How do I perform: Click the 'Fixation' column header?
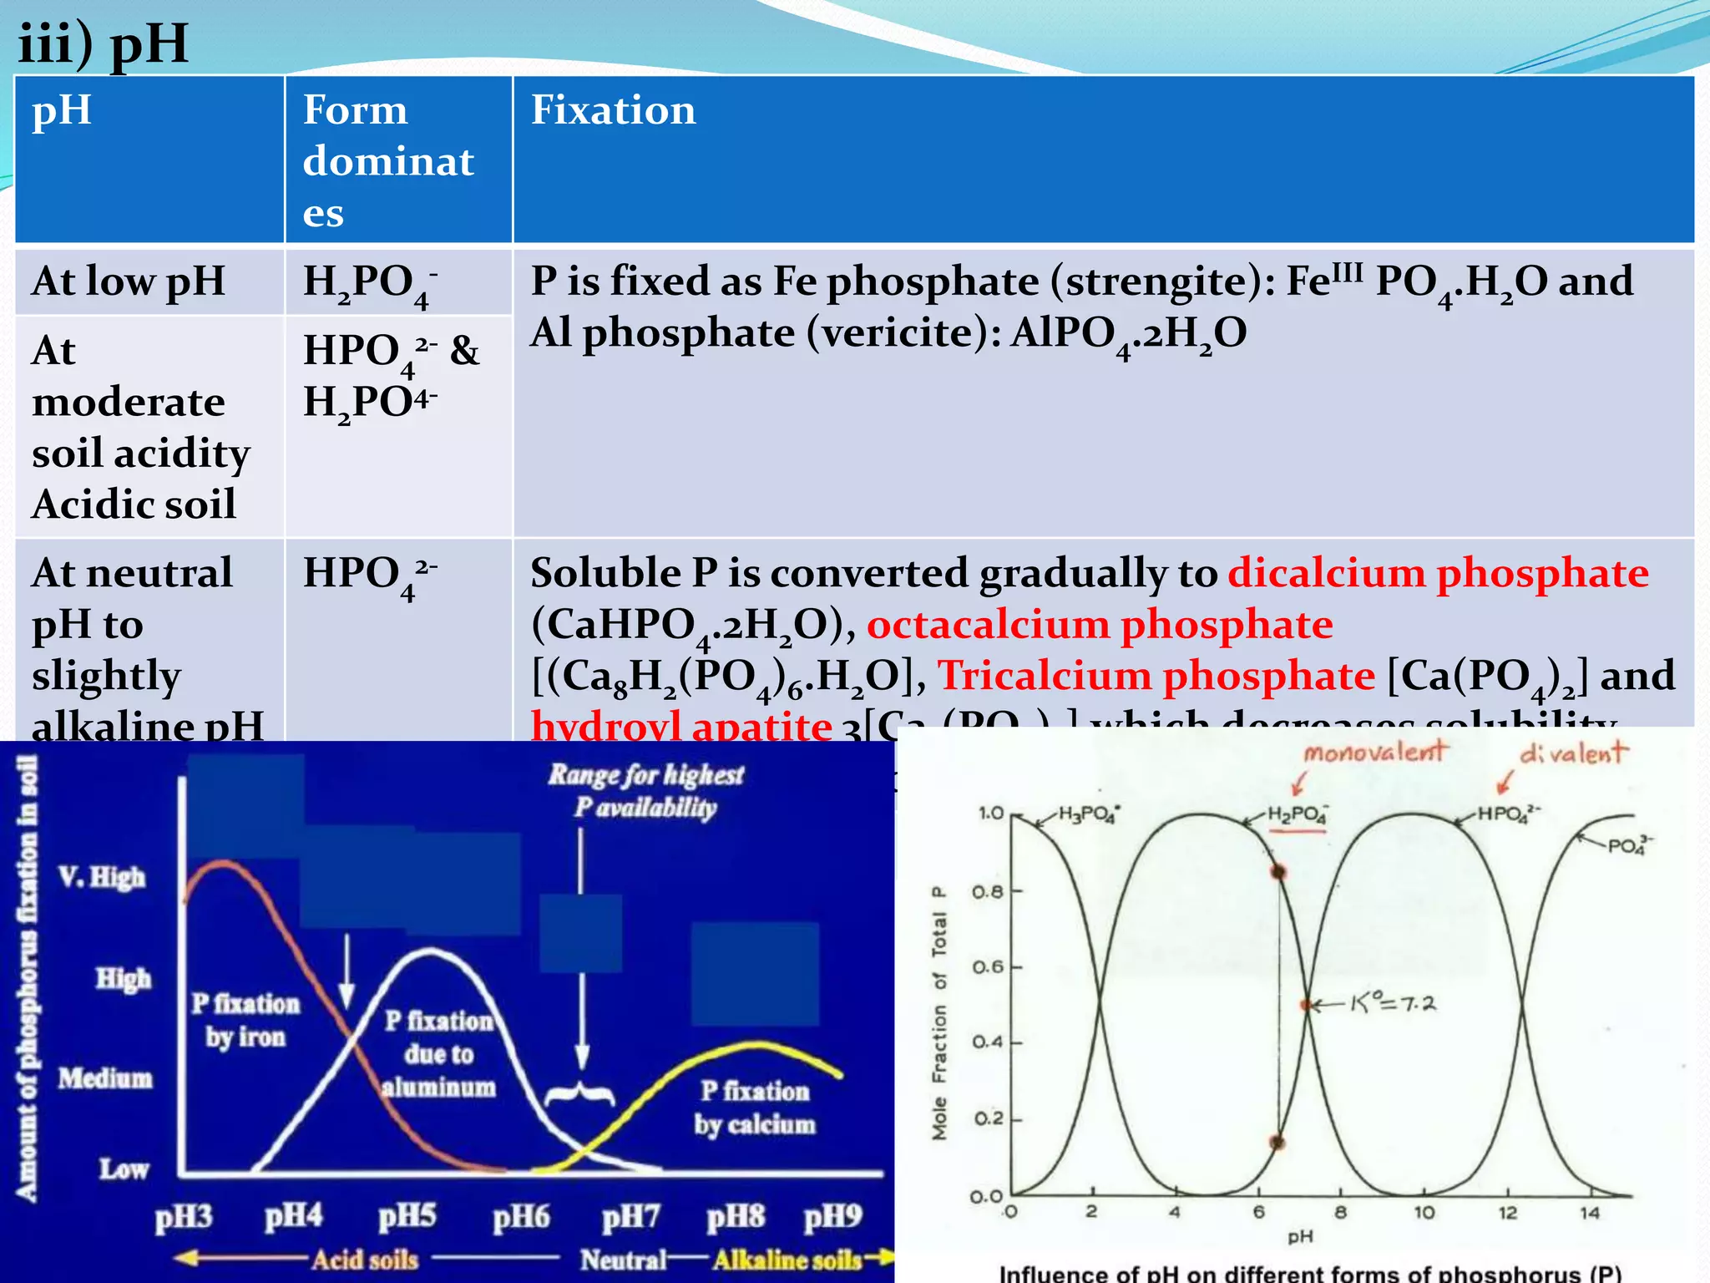point(613,110)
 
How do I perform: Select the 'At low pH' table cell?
point(129,281)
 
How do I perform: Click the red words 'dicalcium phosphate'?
point(1438,573)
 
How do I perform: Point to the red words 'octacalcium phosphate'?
point(1100,625)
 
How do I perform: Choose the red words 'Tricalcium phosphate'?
point(1156,676)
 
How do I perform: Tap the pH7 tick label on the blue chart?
point(631,1217)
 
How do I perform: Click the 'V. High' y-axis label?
point(102,877)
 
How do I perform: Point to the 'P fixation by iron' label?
point(245,1020)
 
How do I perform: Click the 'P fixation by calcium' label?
point(755,1108)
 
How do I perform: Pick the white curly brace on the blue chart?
point(580,1094)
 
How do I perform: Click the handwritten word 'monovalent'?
point(1374,752)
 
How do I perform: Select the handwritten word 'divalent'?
point(1573,753)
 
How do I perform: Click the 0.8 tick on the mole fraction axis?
point(988,892)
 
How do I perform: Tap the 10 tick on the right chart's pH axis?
point(1424,1212)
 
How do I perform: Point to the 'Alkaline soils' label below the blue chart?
point(787,1260)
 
